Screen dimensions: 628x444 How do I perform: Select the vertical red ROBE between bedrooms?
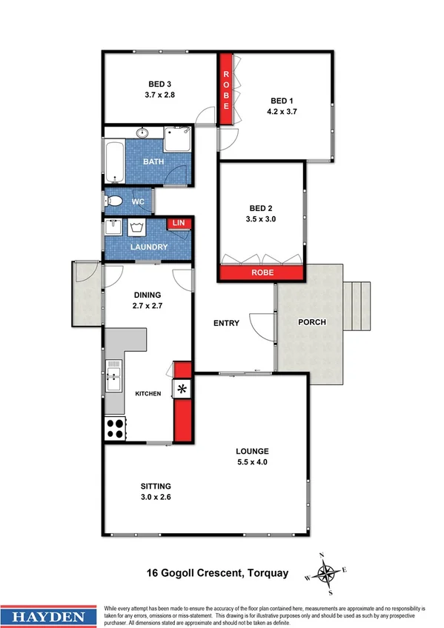[227, 87]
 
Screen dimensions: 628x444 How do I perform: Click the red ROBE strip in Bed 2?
[262, 273]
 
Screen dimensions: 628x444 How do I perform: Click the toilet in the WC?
[114, 201]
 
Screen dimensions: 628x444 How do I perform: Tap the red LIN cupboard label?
[177, 223]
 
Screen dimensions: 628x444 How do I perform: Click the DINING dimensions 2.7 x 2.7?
[147, 304]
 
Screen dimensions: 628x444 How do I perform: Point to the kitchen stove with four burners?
[114, 427]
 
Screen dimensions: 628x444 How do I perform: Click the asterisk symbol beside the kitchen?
[182, 388]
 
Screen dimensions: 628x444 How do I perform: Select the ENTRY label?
[226, 323]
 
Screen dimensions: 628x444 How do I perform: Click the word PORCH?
[311, 322]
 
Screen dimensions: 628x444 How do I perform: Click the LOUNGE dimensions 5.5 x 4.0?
[252, 462]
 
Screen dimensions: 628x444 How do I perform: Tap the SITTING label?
[156, 486]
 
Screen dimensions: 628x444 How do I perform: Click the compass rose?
[326, 572]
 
